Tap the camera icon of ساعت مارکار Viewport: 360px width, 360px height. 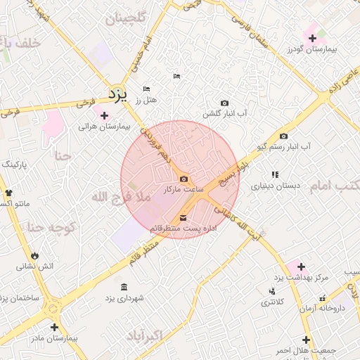(x=184, y=179)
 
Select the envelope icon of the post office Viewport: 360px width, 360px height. (x=184, y=217)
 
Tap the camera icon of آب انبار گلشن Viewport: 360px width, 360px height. (x=224, y=103)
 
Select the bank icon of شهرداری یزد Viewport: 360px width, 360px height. (x=124, y=288)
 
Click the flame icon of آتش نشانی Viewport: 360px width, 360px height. (x=34, y=255)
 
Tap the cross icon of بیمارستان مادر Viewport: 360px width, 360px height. (x=54, y=327)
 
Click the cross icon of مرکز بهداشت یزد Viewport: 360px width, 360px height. (x=302, y=266)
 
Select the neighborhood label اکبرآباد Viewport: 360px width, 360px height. (x=145, y=337)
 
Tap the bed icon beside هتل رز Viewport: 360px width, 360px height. (x=146, y=89)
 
